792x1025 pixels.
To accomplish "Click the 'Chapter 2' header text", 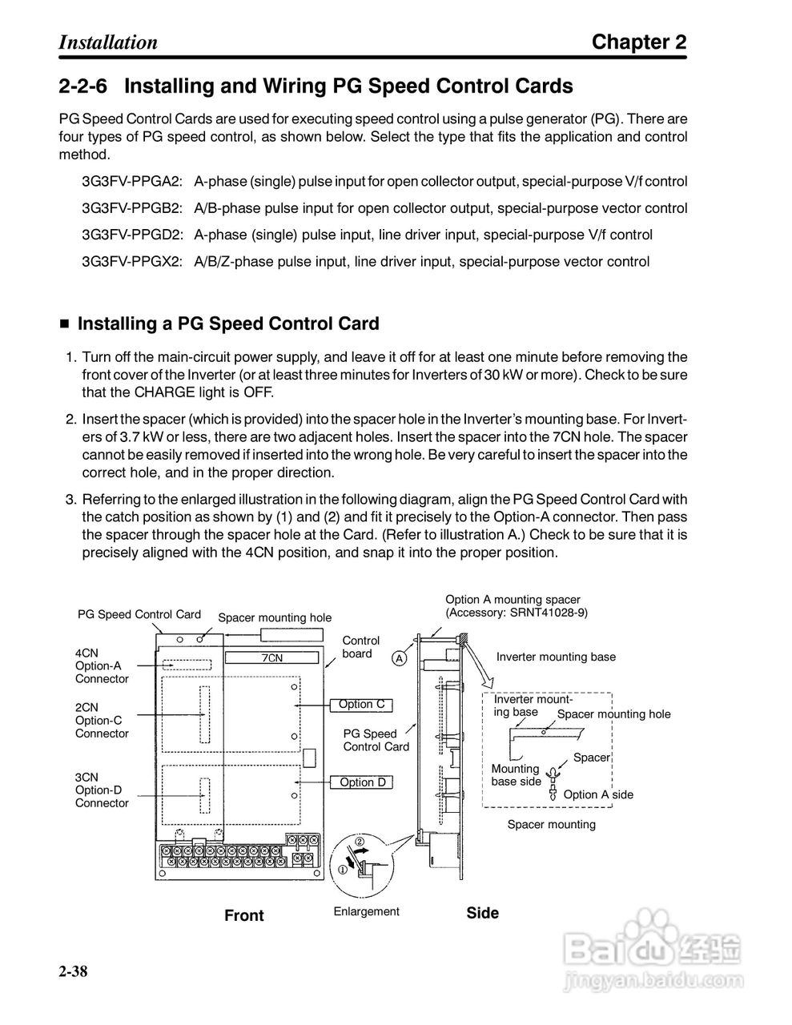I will (638, 42).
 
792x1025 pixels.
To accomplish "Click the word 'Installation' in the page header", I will (108, 42).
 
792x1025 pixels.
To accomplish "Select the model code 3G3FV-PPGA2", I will (132, 182).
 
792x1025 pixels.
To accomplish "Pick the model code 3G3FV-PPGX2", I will (132, 261).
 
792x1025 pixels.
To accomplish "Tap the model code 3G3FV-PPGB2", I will (132, 208).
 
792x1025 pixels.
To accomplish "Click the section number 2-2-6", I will (83, 86).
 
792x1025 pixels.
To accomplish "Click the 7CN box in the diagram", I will (272, 657).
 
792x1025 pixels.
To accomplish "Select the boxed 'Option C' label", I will (361, 705).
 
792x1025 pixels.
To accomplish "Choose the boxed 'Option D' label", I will (362, 782).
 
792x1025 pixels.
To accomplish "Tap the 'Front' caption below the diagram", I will (244, 915).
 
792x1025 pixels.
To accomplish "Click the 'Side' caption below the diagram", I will (482, 913).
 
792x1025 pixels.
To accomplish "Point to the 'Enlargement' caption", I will (366, 911).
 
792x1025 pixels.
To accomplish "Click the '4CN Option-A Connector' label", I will (101, 665).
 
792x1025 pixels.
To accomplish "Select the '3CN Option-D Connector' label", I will (101, 790).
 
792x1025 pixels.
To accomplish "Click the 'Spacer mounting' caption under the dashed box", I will (551, 824).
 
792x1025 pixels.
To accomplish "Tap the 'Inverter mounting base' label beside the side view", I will (556, 657).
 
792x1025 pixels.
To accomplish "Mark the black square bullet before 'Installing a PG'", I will (65, 324).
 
